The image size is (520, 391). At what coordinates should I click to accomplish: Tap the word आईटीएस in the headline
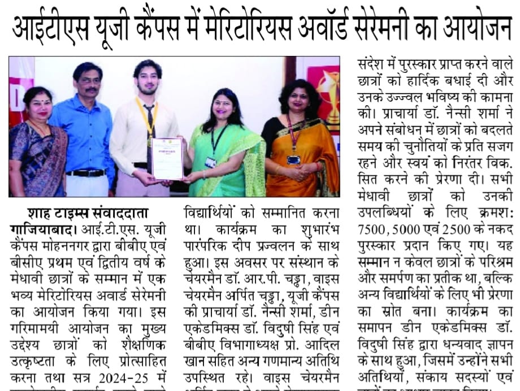tap(55, 28)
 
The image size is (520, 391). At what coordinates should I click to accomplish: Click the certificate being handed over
tap(168, 159)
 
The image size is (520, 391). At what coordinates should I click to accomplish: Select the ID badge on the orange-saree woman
tap(294, 160)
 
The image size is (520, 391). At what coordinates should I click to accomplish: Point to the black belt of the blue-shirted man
tap(86, 172)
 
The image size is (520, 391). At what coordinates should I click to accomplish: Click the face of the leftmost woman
tap(37, 105)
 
